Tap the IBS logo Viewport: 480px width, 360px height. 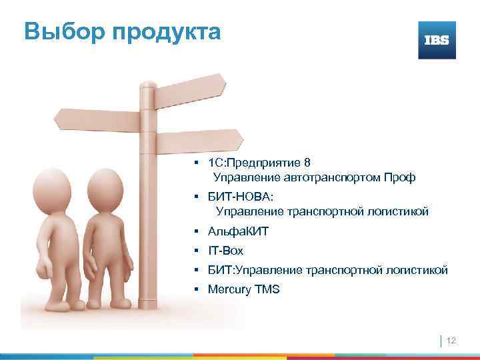point(437,40)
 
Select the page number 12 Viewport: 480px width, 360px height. point(451,341)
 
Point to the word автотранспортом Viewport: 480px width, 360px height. point(333,177)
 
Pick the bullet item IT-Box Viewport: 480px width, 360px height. point(226,251)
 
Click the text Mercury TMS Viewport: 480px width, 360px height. point(244,290)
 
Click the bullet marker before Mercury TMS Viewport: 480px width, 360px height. point(198,290)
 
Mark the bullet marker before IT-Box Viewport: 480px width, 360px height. point(198,251)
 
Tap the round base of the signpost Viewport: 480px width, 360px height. point(150,313)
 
